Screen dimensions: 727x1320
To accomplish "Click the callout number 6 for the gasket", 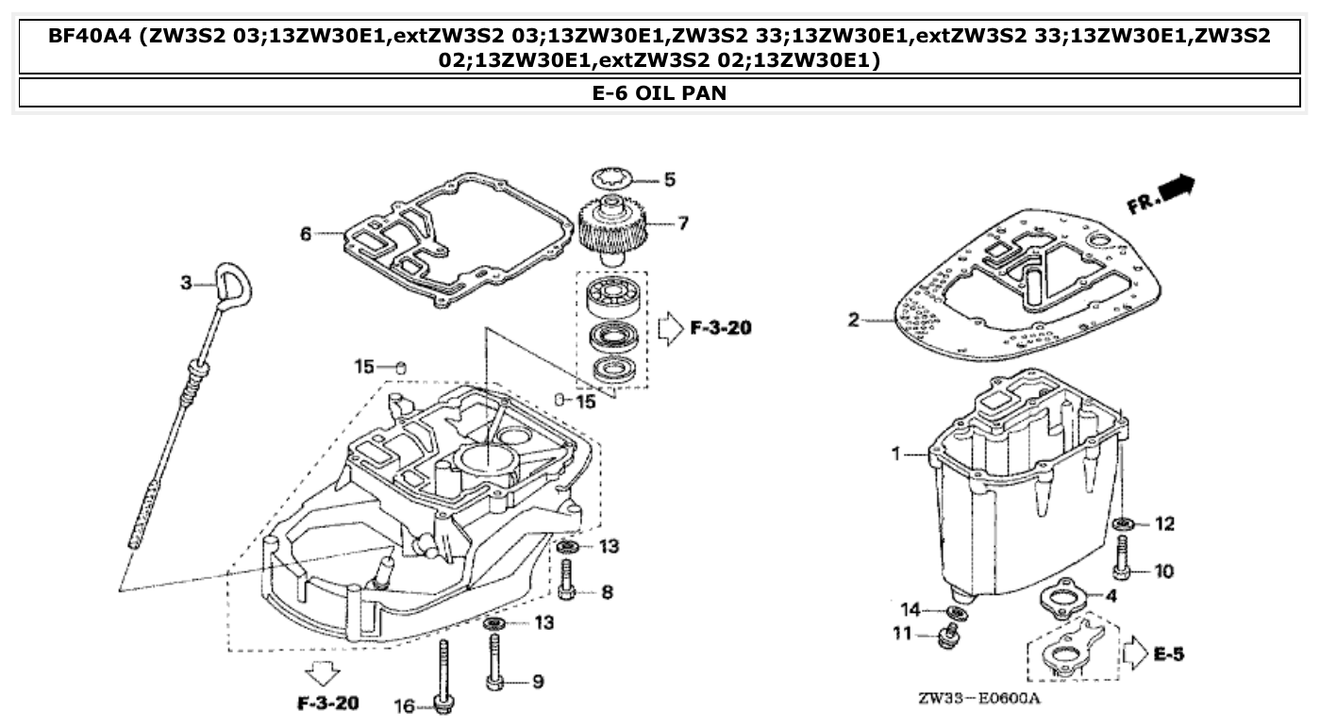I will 306,233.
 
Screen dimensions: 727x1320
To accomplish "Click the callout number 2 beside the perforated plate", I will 853,321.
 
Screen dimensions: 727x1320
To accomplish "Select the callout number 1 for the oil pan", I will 895,454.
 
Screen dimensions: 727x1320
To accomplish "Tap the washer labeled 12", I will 1123,523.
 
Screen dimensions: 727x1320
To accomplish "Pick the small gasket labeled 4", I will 1062,596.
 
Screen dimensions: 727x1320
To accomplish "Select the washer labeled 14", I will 956,613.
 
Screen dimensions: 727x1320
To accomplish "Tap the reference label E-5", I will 1167,653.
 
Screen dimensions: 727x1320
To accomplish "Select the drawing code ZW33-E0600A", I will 978,700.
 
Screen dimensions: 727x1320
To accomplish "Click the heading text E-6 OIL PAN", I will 659,92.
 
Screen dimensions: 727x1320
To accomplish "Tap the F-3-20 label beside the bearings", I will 721,328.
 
